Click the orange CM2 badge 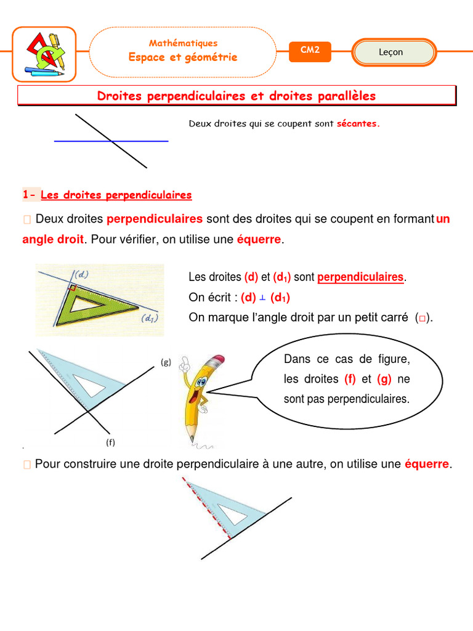point(310,51)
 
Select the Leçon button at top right point(394,52)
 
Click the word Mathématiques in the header point(183,43)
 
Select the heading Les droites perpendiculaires point(116,195)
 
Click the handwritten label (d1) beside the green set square point(148,319)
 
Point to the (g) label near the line point(166,362)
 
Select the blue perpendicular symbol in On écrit point(262,298)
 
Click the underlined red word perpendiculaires point(360,277)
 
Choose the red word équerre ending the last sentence point(427,464)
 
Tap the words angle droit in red point(52,240)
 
